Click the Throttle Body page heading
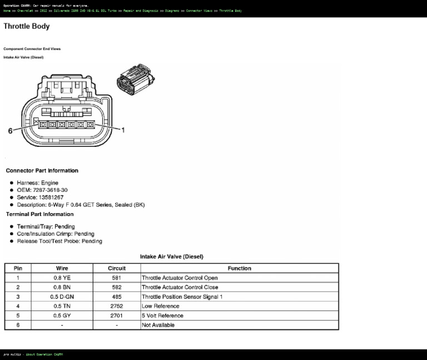26,26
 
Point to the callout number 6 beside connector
10,131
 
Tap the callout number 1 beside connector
123,130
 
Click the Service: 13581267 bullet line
40,197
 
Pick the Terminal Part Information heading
39,214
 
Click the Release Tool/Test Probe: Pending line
59,241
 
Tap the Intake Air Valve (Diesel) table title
171,257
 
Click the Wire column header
62,268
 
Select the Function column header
239,268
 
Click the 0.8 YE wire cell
62,278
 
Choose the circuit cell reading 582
116,287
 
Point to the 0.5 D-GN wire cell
62,297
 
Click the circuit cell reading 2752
116,306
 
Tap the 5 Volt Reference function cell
162,315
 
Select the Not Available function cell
158,325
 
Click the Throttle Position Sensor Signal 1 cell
182,297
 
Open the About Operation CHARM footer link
44,354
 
